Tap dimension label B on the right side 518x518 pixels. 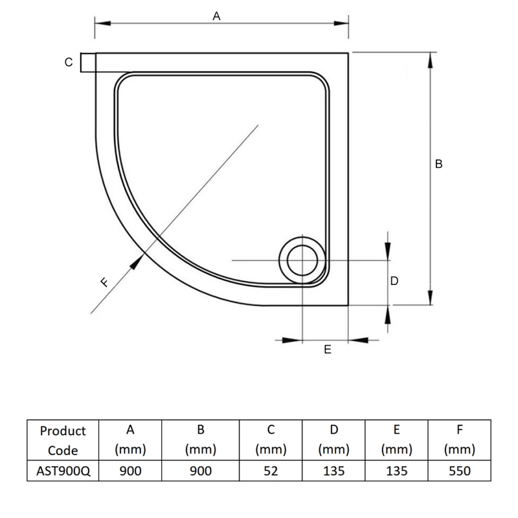438,164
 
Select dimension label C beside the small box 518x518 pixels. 68,63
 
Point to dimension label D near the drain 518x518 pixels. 394,281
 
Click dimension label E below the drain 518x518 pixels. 327,349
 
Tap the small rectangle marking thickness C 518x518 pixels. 88,63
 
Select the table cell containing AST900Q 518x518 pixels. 62,471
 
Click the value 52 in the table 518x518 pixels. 271,471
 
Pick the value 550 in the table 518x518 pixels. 459,471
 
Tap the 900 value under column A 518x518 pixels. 129,471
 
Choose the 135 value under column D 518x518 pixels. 333,471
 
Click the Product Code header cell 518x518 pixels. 62,440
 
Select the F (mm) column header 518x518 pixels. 459,440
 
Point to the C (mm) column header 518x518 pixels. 271,440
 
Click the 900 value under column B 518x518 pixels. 200,471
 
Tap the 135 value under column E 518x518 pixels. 396,471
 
